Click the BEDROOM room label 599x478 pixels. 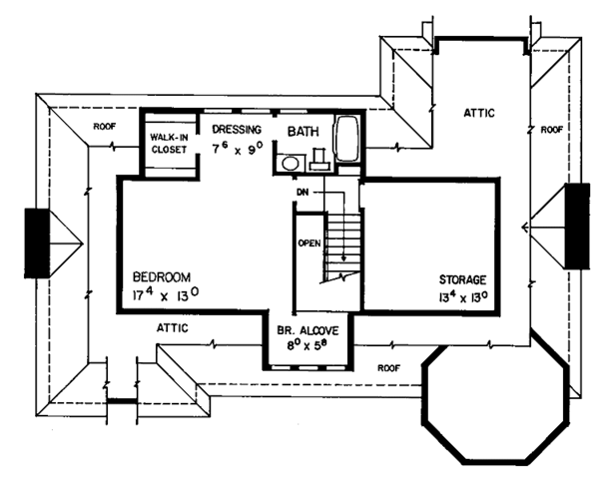tap(161, 276)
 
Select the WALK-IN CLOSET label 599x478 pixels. tap(169, 143)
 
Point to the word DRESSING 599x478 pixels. tap(237, 130)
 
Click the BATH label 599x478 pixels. tap(303, 131)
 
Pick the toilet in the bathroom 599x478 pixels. tap(319, 158)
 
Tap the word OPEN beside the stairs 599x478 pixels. tap(307, 242)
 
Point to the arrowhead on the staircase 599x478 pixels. tap(345, 262)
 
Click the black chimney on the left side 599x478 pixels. tap(36, 242)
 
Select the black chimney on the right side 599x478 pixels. tap(577, 226)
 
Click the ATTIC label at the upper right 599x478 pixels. tap(478, 114)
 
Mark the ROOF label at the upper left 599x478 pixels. tap(106, 127)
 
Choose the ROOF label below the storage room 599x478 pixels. tap(388, 367)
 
